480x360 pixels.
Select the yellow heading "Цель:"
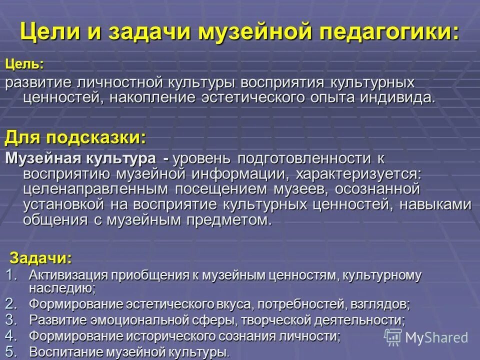[24, 64]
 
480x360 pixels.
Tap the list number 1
[11, 274]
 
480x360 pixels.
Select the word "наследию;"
[62, 288]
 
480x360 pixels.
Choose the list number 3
[11, 319]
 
